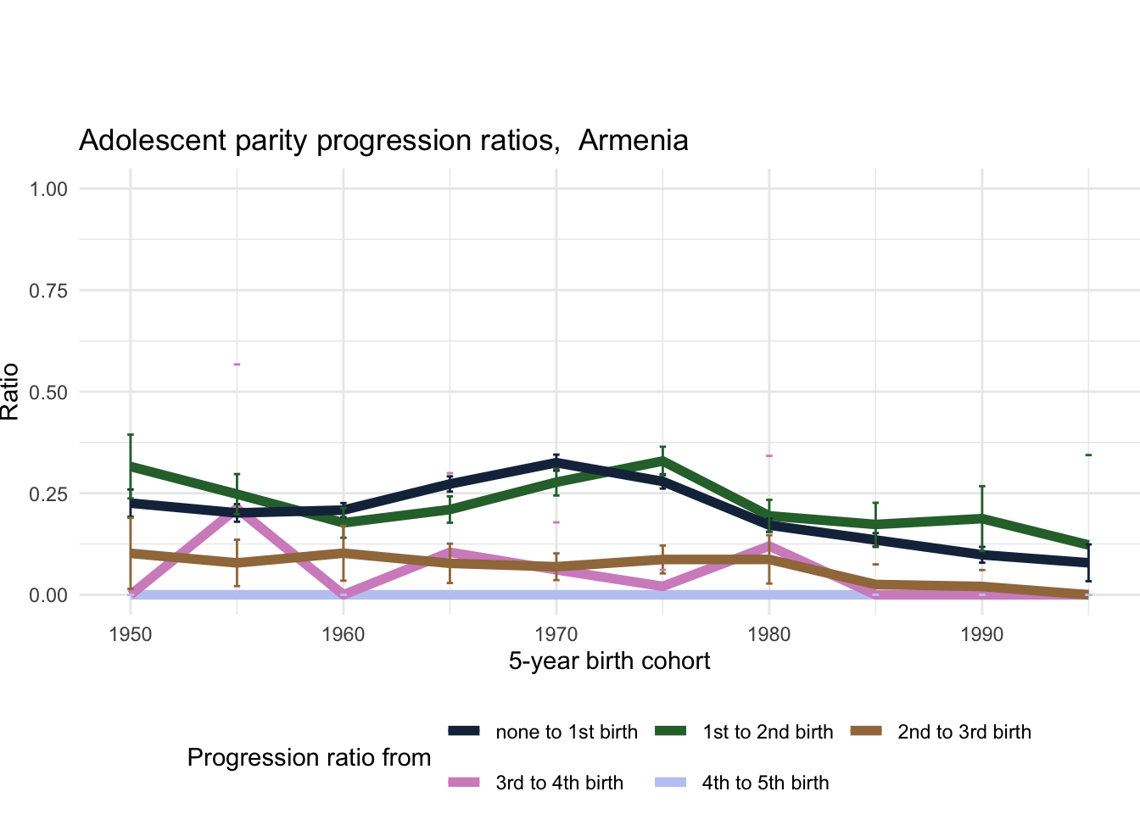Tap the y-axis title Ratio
click(10, 392)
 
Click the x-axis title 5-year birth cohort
click(609, 661)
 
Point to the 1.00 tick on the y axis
click(48, 188)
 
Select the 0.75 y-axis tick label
click(48, 290)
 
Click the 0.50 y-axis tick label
click(48, 392)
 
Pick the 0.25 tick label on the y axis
click(48, 493)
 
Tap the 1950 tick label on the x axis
click(131, 634)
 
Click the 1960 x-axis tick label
click(344, 634)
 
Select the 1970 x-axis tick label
click(556, 634)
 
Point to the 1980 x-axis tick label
click(769, 634)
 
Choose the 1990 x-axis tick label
click(982, 634)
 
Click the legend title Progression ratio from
click(309, 757)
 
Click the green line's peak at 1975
click(662, 460)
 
